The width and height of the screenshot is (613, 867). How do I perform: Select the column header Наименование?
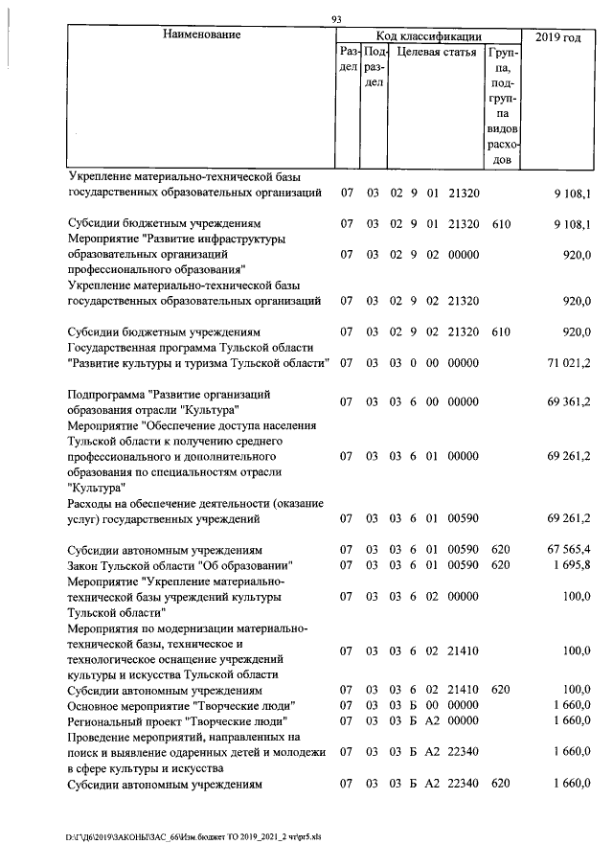tap(201, 35)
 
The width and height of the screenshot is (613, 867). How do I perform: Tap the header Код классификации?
tap(427, 35)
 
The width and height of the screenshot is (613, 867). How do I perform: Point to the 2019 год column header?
tap(559, 37)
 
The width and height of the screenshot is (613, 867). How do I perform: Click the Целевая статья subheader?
tap(437, 53)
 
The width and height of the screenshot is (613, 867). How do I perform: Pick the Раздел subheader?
tap(348, 60)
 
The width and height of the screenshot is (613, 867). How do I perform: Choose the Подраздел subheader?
tap(374, 68)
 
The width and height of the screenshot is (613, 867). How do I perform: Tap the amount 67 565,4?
tap(569, 551)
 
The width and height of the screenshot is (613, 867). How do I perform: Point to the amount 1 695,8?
tap(572, 565)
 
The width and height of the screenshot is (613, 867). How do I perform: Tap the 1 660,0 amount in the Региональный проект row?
tap(572, 720)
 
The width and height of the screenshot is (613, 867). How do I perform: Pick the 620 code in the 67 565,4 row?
tap(499, 551)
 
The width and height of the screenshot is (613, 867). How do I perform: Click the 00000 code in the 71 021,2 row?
tap(464, 363)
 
